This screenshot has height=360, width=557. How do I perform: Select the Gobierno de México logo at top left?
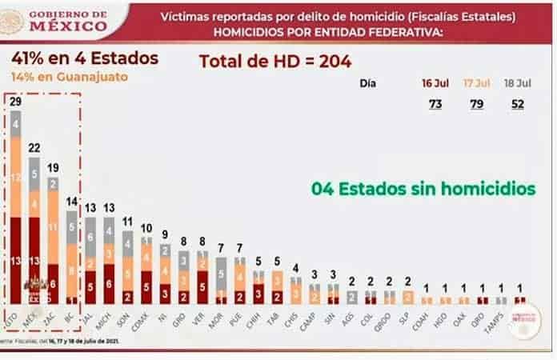[56, 20]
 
